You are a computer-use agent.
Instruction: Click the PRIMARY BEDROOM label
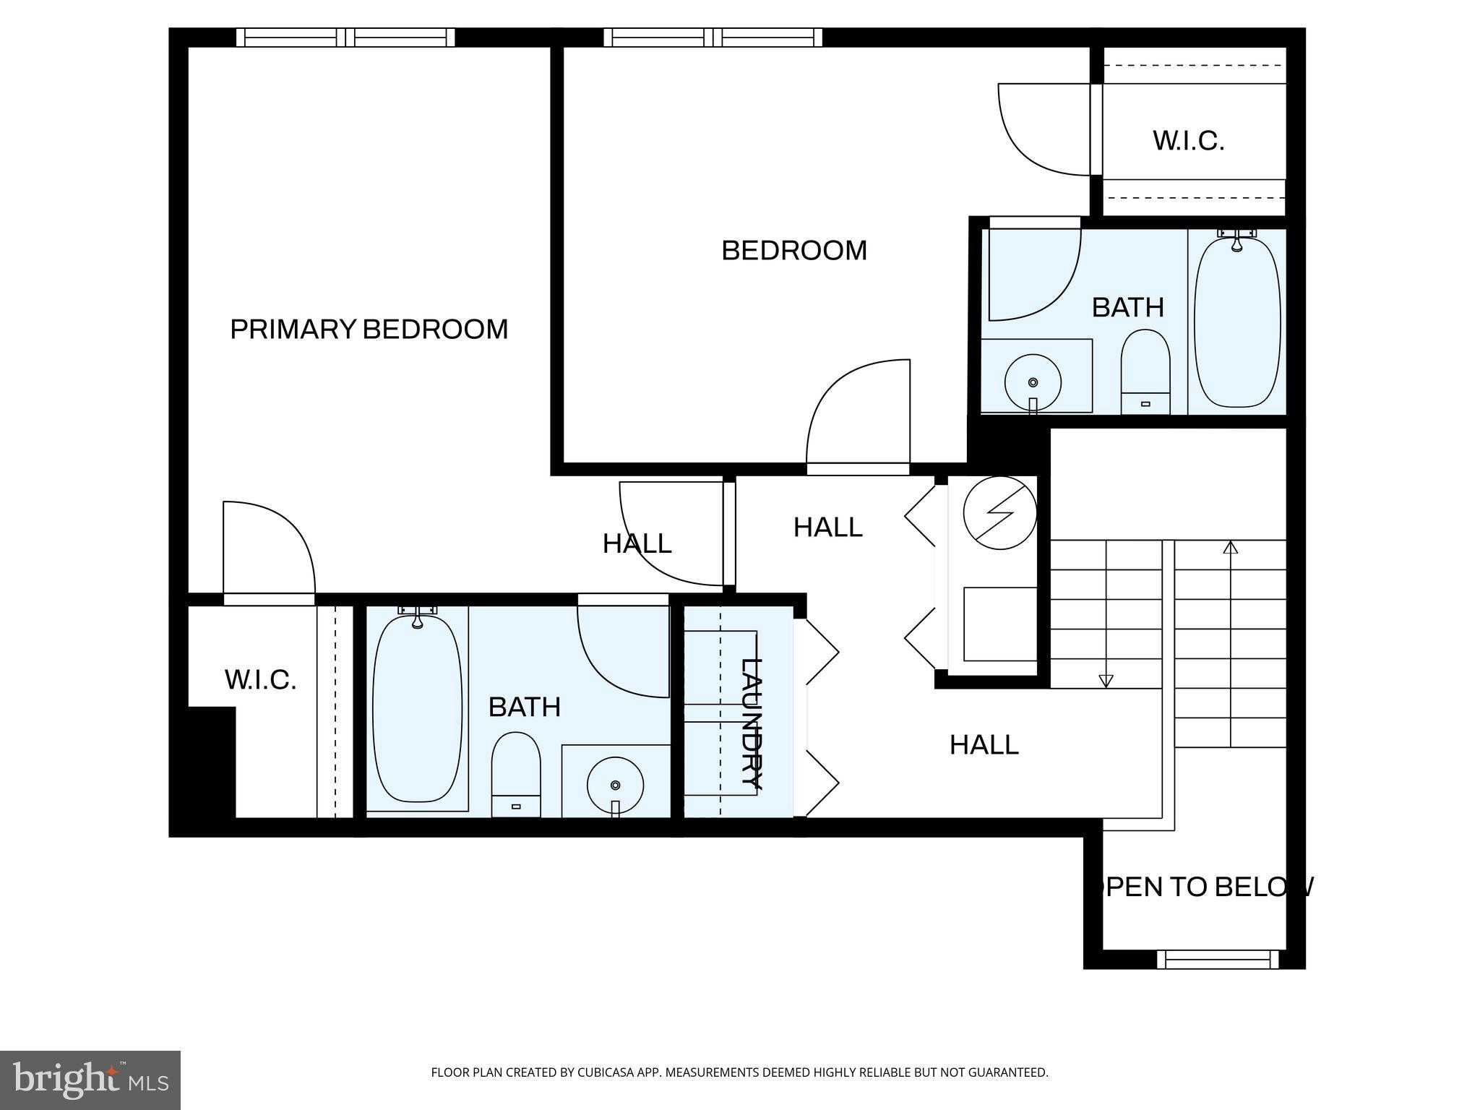369,330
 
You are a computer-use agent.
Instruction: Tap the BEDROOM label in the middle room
793,251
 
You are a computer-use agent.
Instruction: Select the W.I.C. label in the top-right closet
1188,141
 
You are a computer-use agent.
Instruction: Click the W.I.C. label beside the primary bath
260,680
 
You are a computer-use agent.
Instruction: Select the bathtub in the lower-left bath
417,708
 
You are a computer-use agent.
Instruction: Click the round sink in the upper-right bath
1033,382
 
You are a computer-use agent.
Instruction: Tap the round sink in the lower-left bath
615,785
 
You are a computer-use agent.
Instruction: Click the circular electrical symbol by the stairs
1000,512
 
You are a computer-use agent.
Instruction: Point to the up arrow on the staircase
1230,548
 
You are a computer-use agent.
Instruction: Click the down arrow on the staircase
1106,680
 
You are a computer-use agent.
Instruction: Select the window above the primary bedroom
345,38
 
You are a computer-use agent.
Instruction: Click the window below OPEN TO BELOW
1218,960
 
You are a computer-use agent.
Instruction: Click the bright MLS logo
90,1080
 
